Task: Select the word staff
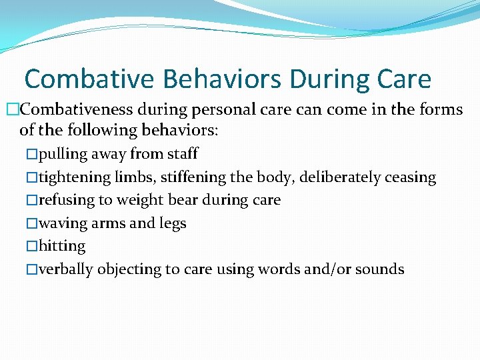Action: pyautogui.click(x=181, y=154)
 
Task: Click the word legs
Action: pyautogui.click(x=172, y=223)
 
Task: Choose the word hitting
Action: pyautogui.click(x=62, y=246)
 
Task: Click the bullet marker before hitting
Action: pyautogui.click(x=32, y=247)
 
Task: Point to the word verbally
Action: pyautogui.click(x=66, y=269)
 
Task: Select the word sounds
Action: pyautogui.click(x=379, y=269)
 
